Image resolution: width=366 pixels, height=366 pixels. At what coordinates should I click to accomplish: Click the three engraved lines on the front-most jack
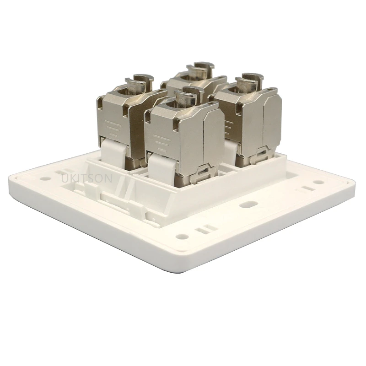click(160, 138)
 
